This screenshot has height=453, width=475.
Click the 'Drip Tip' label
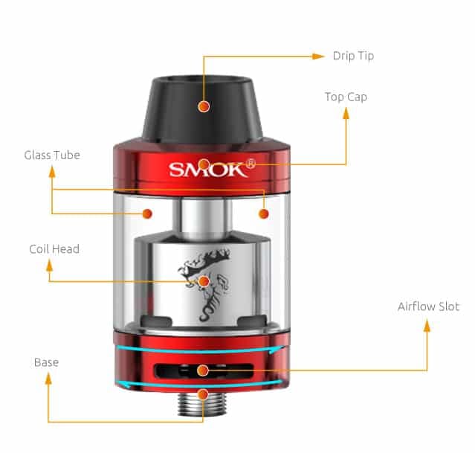coord(353,56)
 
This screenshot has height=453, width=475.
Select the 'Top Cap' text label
coord(346,97)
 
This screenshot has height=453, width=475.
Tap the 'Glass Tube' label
coord(52,155)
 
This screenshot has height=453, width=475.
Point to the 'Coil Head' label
coord(54,249)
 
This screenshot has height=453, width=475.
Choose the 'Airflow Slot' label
coord(428,306)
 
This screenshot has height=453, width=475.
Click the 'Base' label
coord(46,362)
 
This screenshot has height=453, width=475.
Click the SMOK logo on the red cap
coord(207,170)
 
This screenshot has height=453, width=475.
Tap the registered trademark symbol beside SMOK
coord(251,164)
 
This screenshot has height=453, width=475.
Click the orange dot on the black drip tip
coord(204,106)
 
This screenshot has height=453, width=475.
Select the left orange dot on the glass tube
coord(147,213)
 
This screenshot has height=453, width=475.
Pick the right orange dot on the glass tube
coord(264,213)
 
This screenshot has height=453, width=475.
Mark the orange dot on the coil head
coord(204,282)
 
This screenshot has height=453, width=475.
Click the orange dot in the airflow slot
coord(203,370)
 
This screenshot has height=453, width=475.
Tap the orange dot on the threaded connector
coord(203,394)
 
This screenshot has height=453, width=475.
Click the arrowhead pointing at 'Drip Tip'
coord(318,57)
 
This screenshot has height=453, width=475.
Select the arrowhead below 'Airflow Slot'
coord(427,326)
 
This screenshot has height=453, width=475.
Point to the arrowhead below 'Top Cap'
coord(346,113)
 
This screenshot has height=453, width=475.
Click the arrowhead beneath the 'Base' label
coord(48,379)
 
